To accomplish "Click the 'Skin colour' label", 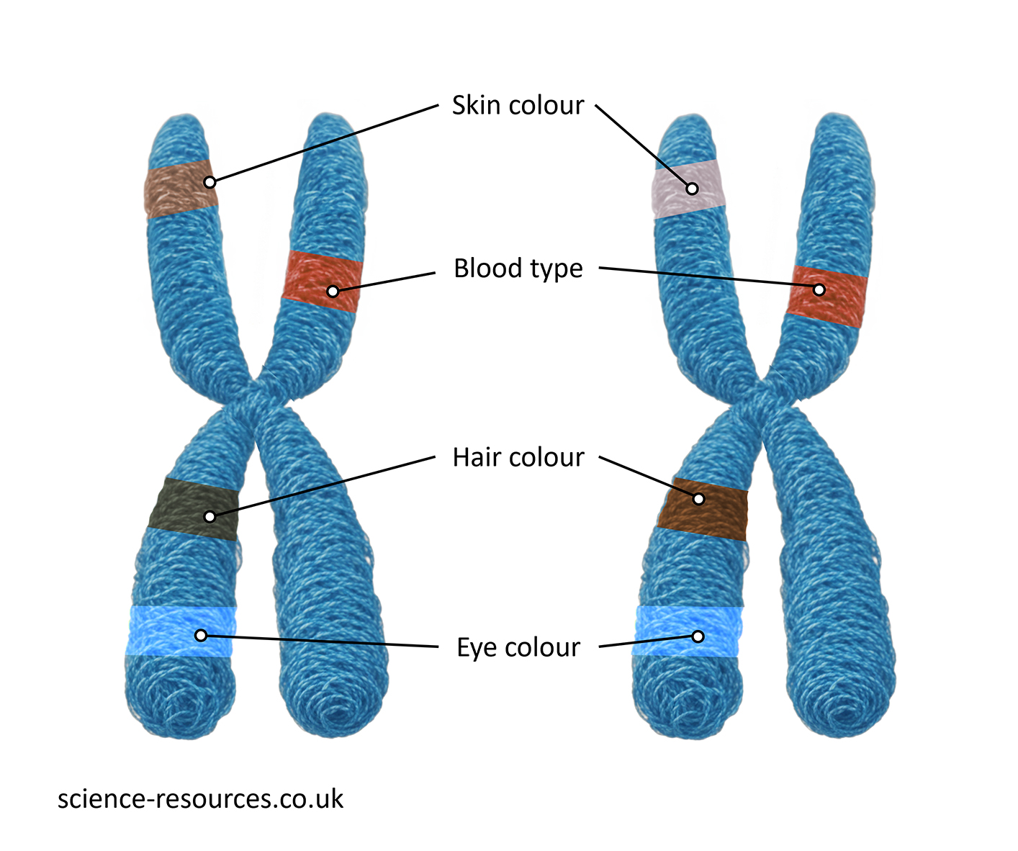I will pos(518,105).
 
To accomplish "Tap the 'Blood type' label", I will pos(518,269).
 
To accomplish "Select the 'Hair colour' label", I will pos(518,458).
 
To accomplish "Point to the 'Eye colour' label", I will pos(518,647).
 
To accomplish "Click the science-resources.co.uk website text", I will pos(200,799).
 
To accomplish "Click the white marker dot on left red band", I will pos(333,292).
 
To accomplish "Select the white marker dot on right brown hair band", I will pos(698,499).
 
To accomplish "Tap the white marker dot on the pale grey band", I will pos(692,189).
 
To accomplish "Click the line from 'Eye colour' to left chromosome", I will pos(324,641).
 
